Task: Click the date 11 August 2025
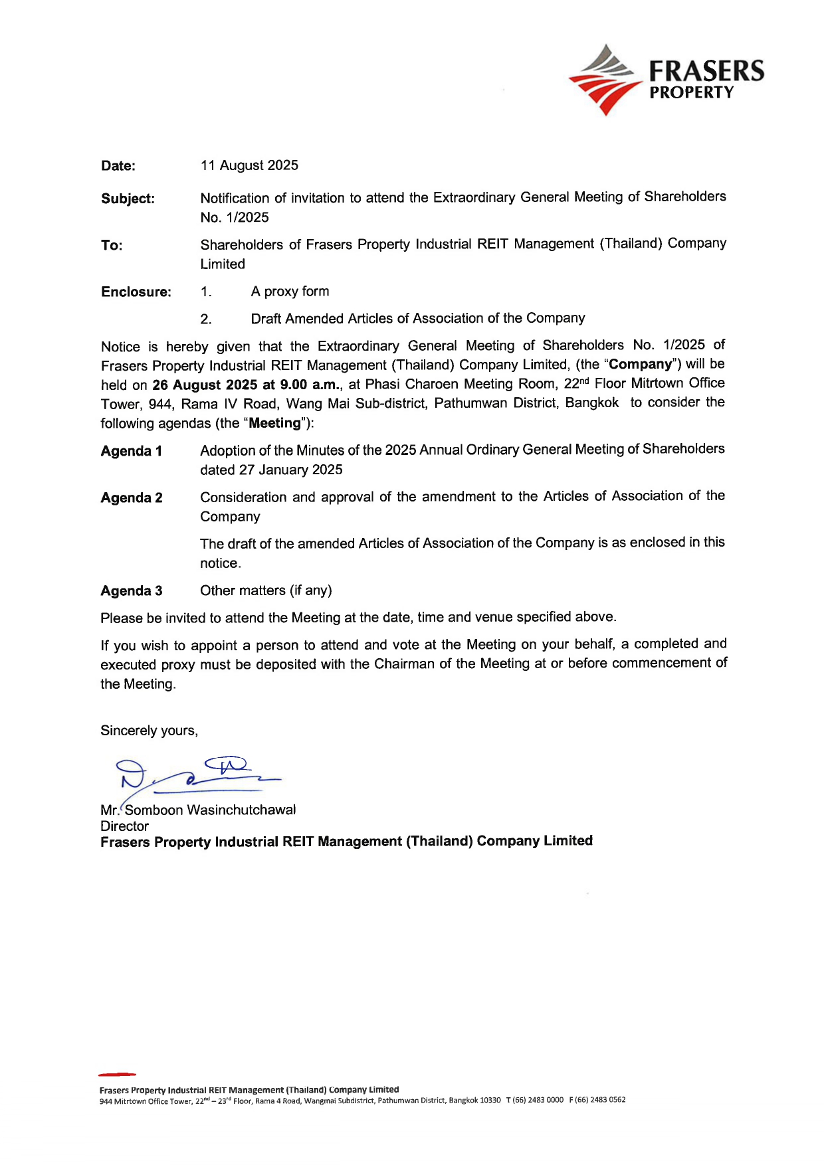coord(249,165)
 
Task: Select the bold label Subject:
coord(128,199)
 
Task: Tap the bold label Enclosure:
coord(136,292)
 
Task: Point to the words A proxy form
coord(290,292)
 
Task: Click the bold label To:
coord(112,246)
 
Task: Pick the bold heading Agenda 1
coord(132,452)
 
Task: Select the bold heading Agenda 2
coord(132,498)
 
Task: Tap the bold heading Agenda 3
coord(132,591)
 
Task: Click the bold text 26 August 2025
coord(205,385)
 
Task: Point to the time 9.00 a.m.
coord(310,385)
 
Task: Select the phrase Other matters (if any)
coord(266,590)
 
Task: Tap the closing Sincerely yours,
coord(149,731)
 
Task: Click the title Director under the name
coord(124,826)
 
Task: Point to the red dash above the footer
coord(117,1074)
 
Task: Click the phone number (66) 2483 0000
coord(538,1100)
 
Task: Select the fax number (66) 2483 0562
coord(600,1100)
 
